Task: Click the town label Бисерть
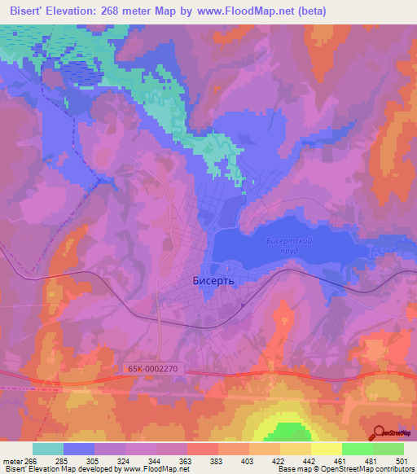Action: (x=213, y=280)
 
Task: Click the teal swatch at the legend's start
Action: (x=48, y=449)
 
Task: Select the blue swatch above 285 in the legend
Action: (x=79, y=449)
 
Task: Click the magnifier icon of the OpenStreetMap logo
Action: (x=378, y=432)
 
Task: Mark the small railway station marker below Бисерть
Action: (x=242, y=305)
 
